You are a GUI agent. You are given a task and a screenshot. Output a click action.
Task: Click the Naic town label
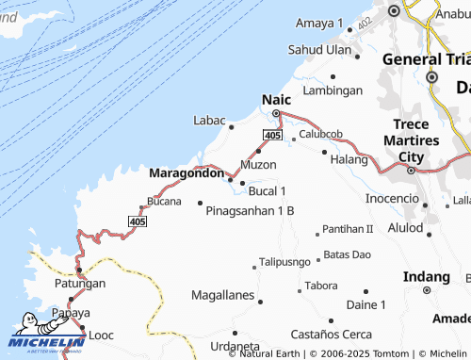[x=275, y=98]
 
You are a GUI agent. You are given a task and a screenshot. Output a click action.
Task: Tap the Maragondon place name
[x=187, y=173]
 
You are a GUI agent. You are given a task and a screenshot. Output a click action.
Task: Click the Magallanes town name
[x=222, y=295]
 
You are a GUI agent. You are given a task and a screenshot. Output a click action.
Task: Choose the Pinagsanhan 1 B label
[x=250, y=210]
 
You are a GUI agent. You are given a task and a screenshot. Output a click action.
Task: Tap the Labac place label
[x=209, y=121]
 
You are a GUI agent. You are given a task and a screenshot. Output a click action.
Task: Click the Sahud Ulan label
[x=319, y=49]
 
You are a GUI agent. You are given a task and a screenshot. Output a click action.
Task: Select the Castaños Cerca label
[x=331, y=335]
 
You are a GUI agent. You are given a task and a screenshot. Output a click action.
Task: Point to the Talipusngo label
[x=284, y=261]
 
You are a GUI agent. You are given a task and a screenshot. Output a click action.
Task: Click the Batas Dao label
[x=347, y=254]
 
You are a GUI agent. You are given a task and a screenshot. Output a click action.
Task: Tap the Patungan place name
[x=79, y=283]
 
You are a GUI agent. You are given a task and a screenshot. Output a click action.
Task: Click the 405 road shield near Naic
[x=272, y=137]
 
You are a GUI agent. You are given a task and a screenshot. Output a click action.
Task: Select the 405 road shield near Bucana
[x=138, y=221]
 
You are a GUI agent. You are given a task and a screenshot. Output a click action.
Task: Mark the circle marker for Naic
[x=276, y=114]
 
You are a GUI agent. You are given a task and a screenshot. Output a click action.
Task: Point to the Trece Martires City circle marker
[x=411, y=171]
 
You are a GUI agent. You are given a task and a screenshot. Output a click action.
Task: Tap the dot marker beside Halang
[x=324, y=152]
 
